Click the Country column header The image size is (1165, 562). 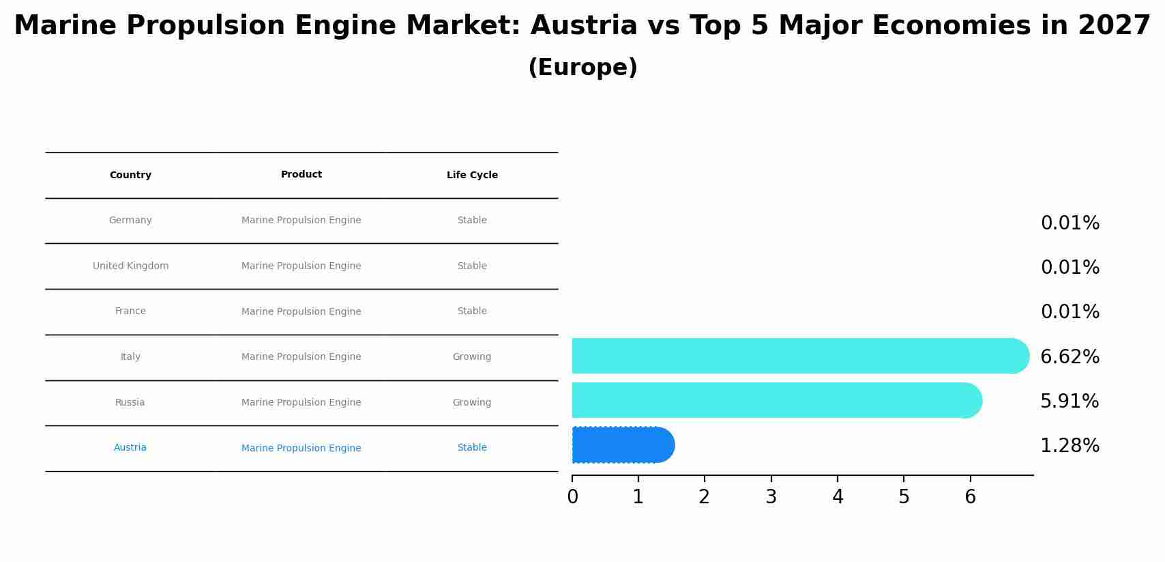[x=130, y=175]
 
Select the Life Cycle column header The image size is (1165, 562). [x=472, y=175]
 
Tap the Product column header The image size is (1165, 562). [x=301, y=175]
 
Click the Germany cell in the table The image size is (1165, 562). [x=130, y=221]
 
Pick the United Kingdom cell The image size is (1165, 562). [x=130, y=266]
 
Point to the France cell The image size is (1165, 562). [x=130, y=311]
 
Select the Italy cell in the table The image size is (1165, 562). [x=130, y=357]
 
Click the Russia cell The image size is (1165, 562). [x=130, y=403]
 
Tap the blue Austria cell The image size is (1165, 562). [x=130, y=448]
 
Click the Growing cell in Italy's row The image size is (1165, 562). [x=472, y=357]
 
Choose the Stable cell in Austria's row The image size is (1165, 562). [x=472, y=448]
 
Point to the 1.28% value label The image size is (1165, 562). [x=1070, y=446]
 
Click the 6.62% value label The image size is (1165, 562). [x=1070, y=357]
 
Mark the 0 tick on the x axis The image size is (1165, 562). [x=572, y=497]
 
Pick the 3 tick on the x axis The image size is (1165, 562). [x=771, y=497]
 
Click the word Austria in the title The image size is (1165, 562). [x=584, y=26]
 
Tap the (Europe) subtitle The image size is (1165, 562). [x=582, y=68]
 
